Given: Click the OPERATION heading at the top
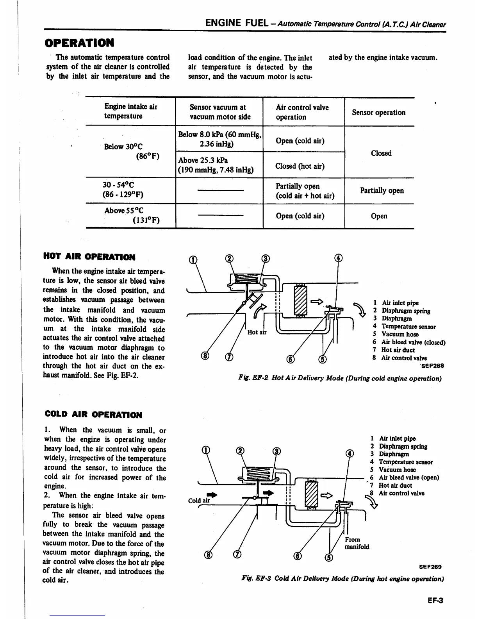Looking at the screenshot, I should coord(79,42).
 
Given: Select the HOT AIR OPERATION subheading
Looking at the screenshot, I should coord(89,257).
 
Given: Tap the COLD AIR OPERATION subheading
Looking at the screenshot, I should coord(93,415).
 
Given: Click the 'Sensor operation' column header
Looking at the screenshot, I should coord(378,113).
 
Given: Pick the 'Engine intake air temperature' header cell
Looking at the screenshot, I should coord(130,111).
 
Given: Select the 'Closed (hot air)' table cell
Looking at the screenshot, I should coord(300,166).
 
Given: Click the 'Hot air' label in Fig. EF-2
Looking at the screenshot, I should coord(257,333).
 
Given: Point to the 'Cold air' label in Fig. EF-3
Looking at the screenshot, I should coord(199,501).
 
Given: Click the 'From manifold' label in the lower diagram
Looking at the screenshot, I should coord(356,543).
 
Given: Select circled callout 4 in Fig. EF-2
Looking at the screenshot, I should coord(339,258).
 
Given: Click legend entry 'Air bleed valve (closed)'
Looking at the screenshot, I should coord(413,342).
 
